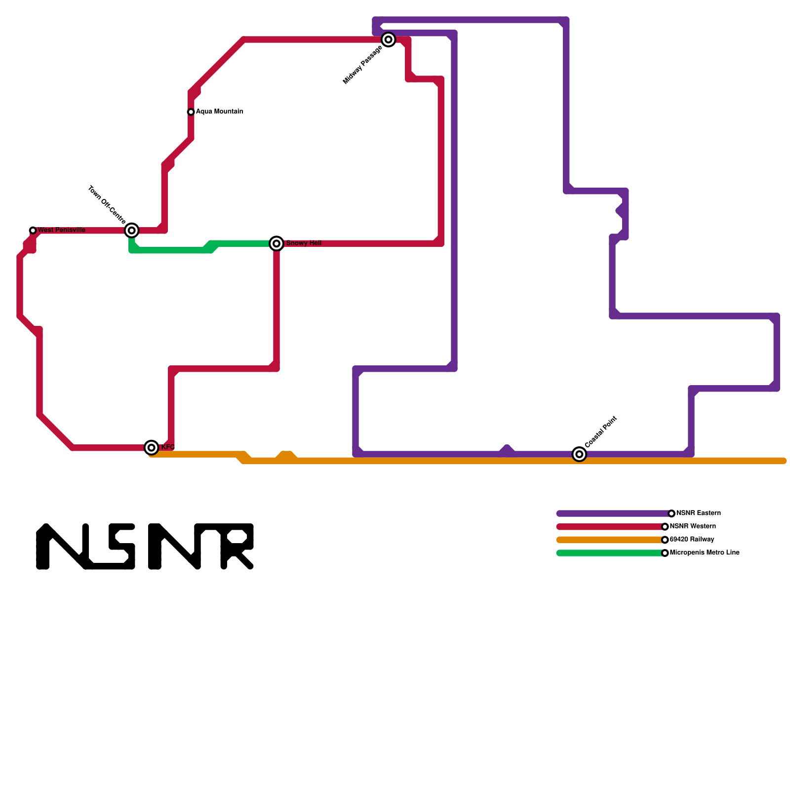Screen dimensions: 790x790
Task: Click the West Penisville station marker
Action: tap(33, 231)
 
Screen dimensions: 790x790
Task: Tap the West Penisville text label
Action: tap(62, 230)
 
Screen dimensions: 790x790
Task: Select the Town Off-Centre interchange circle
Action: tap(131, 230)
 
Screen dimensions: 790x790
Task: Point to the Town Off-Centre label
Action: tap(107, 204)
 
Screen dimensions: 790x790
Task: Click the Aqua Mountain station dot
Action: tap(191, 112)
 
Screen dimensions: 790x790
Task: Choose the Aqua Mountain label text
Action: tap(219, 112)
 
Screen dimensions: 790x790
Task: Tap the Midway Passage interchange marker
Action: tap(389, 39)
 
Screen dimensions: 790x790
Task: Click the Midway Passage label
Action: tap(362, 65)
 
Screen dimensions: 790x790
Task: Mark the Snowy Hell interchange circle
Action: tap(276, 243)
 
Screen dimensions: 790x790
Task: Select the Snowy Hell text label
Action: tap(304, 243)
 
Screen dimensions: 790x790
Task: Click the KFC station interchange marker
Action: tap(152, 447)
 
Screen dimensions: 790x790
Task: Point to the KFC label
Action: tap(168, 447)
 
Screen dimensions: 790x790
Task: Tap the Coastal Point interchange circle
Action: tap(579, 454)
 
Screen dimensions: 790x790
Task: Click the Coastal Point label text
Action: tap(601, 432)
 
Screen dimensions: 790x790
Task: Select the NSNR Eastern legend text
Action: tap(698, 513)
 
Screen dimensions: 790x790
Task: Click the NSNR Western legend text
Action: tap(693, 526)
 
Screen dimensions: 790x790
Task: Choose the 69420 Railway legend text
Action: tap(692, 540)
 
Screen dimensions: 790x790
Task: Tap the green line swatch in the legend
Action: tap(610, 553)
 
